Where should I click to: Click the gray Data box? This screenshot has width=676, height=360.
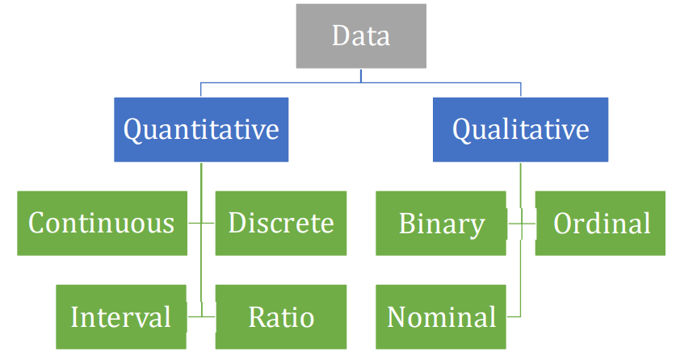pos(361,36)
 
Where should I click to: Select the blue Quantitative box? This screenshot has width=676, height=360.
pos(200,129)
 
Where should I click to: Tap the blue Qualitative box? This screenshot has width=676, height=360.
pos(520,129)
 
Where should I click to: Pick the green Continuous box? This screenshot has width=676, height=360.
pos(102,223)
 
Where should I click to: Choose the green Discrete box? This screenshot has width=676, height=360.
pos(280,223)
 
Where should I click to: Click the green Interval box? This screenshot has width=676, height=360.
pos(121,316)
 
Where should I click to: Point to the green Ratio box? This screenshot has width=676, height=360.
pos(280,316)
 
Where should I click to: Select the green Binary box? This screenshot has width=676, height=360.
pos(442,224)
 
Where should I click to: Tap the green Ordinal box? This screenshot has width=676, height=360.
pos(602,224)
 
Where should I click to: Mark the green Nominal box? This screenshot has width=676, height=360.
pos(442,316)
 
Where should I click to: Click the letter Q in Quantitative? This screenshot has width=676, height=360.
pos(133,130)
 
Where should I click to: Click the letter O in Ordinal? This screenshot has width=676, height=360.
pos(564,224)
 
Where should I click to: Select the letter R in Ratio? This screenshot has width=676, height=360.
pos(257,316)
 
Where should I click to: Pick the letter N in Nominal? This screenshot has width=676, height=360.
pos(397,316)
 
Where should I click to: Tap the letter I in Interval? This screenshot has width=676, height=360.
pos(75,316)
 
